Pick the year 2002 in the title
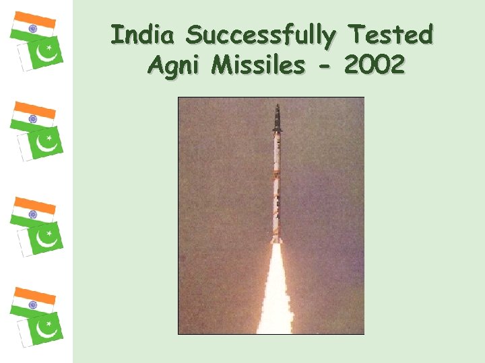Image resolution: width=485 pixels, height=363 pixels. click(374, 65)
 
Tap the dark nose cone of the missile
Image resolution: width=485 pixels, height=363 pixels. click(277, 120)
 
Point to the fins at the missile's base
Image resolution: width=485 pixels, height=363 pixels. click(276, 237)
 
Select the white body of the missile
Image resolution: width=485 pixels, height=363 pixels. click(276, 182)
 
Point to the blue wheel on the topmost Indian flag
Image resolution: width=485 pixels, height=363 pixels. click(32, 28)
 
